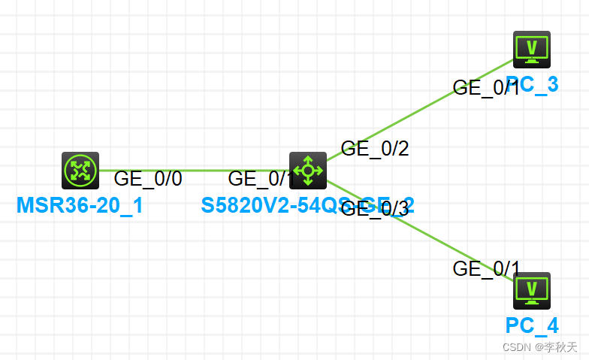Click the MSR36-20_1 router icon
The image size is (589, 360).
[x=80, y=170]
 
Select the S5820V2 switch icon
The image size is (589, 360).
[x=308, y=170]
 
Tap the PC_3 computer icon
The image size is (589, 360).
[x=531, y=50]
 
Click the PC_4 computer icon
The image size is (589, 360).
[x=531, y=291]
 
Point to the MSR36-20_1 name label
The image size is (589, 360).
[x=80, y=205]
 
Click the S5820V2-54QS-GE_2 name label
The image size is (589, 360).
[x=308, y=205]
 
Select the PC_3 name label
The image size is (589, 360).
[x=532, y=84]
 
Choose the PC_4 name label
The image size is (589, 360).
[x=532, y=325]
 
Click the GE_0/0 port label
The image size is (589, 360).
[x=148, y=179]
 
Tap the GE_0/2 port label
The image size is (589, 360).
[x=375, y=149]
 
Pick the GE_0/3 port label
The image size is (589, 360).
[x=375, y=209]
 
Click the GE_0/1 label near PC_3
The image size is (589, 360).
[x=486, y=88]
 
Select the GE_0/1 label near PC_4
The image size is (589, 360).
[x=486, y=268]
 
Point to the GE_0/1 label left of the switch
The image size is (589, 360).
[x=260, y=179]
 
